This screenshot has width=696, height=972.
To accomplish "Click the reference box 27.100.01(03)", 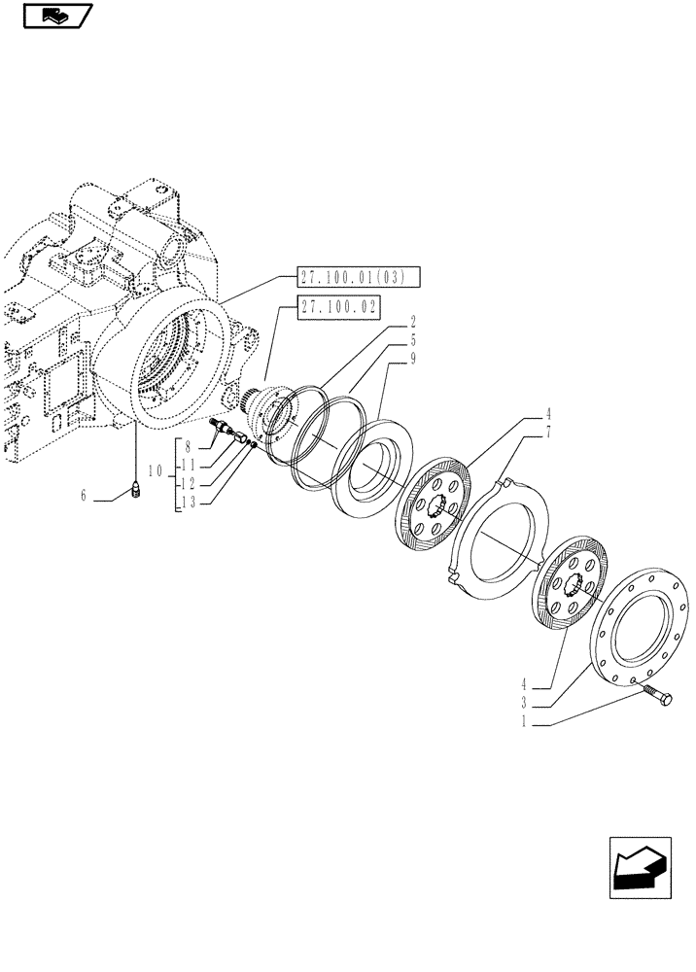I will [358, 279].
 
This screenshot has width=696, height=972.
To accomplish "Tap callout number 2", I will [412, 320].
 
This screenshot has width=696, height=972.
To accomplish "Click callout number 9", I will [412, 359].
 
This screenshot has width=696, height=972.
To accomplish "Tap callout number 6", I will [85, 495].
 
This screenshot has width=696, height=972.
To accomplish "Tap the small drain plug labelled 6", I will [134, 493].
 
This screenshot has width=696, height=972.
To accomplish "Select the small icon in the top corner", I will [55, 17].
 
